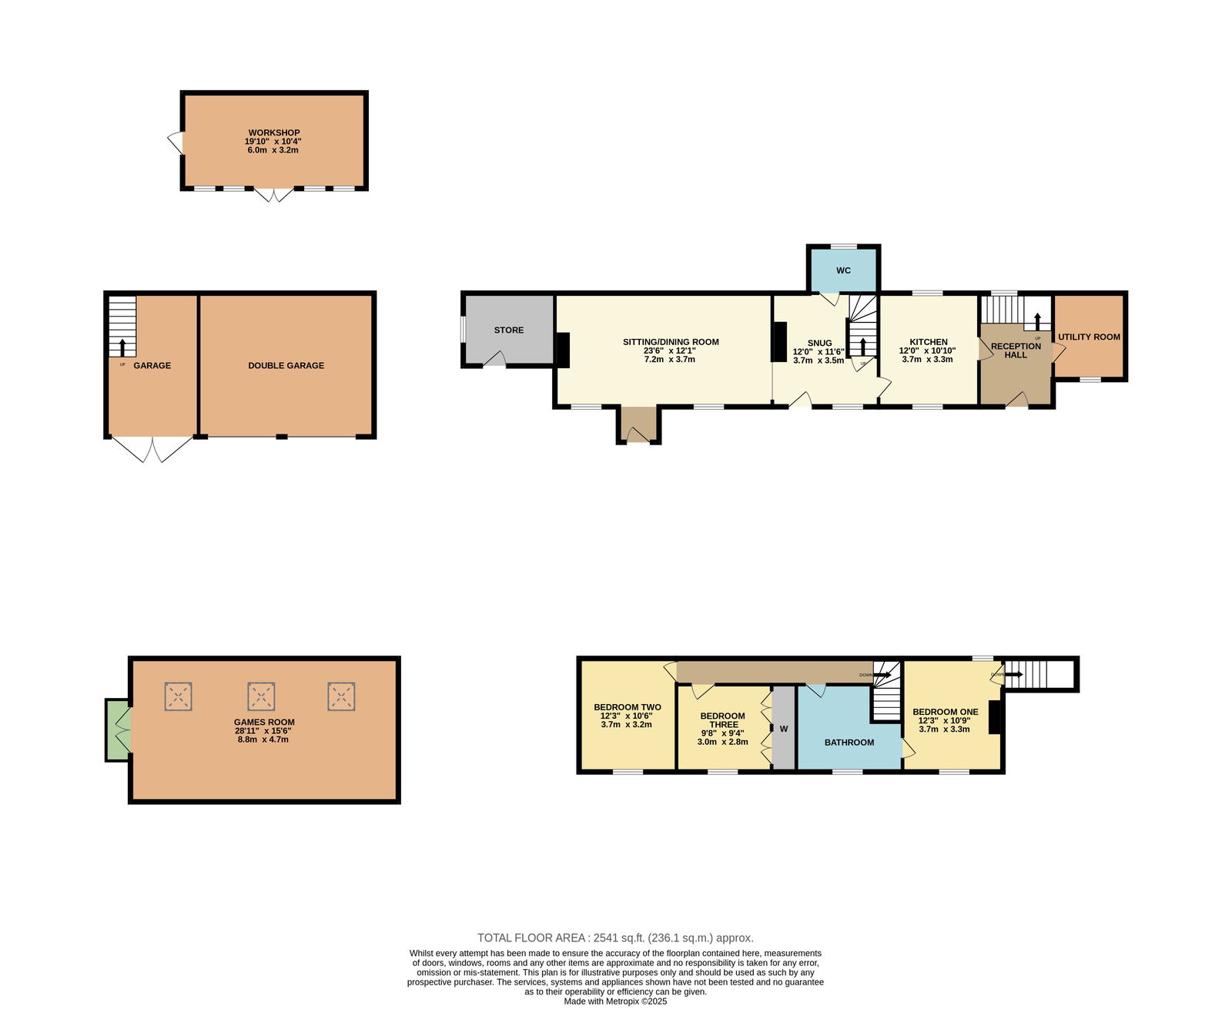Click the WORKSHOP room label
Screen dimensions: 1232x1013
[x=273, y=132]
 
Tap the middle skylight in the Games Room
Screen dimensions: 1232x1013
[x=260, y=696]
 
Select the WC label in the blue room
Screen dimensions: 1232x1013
[x=843, y=270]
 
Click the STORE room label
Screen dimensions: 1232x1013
[x=508, y=330]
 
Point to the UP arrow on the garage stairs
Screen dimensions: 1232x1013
[x=122, y=347]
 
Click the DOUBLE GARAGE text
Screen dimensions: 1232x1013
[x=286, y=365]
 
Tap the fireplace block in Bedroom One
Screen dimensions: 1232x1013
[x=994, y=716]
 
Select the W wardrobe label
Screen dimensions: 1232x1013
[x=783, y=729]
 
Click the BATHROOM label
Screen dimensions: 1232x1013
[x=849, y=743]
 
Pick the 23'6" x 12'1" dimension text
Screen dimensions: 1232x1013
[x=669, y=351]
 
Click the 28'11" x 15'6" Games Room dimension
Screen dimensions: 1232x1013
[x=263, y=730]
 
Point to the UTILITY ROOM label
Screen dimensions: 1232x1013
[x=1089, y=337]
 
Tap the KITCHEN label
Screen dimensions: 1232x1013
[x=929, y=342]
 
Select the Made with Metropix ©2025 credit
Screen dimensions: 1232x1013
[x=615, y=1001]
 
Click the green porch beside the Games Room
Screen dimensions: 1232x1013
[x=117, y=730]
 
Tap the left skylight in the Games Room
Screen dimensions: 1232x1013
[x=178, y=696]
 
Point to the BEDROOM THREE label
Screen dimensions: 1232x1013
[x=722, y=720]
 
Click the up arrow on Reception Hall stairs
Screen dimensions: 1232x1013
[x=1037, y=321]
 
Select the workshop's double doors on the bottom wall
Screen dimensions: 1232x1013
[x=273, y=194]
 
